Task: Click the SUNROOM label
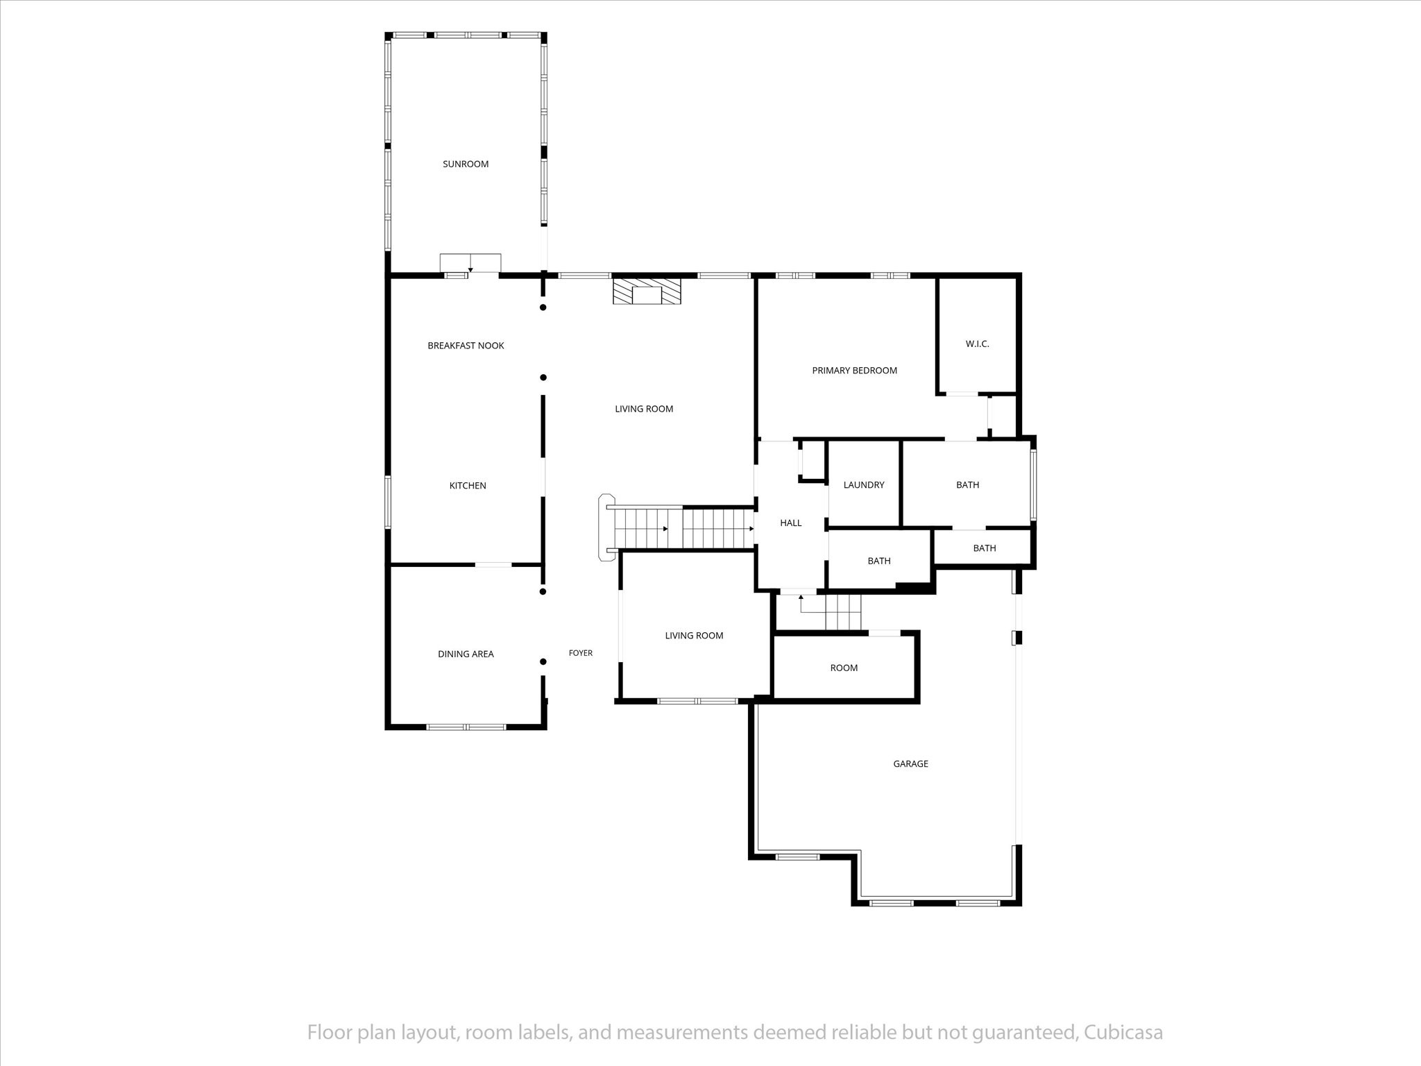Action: pos(466,164)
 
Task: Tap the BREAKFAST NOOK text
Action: pos(466,346)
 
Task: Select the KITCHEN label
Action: pos(468,486)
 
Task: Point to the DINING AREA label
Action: pos(466,654)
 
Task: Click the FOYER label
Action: pos(581,653)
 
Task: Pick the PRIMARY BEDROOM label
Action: pos(855,371)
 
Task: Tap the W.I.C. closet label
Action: pos(977,344)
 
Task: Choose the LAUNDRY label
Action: pos(864,485)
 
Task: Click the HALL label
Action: pos(791,523)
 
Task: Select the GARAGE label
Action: pos(910,764)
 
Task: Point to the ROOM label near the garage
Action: pos(844,668)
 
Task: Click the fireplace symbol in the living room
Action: pos(647,291)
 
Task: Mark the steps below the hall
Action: pos(831,612)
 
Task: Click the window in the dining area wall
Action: pos(466,727)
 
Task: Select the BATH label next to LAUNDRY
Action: pos(968,485)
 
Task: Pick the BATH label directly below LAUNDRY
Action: pos(879,561)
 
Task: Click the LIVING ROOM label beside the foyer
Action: pos(694,636)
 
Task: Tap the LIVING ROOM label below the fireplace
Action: pos(644,409)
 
